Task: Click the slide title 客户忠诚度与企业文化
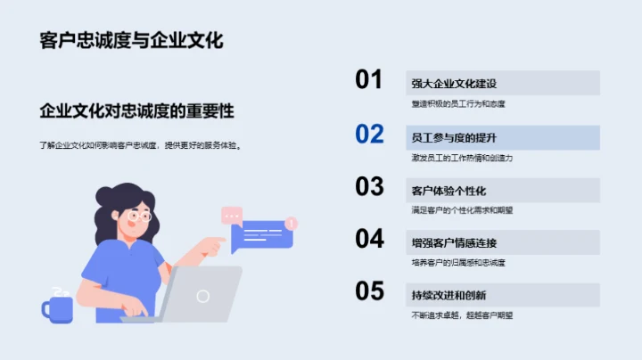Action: pos(131,41)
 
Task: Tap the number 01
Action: pos(369,80)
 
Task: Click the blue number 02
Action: pos(369,134)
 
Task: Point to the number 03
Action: pos(369,186)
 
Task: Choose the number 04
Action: pos(369,239)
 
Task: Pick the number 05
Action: pos(369,291)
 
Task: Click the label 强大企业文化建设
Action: pos(454,84)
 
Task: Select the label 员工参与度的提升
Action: pos(454,137)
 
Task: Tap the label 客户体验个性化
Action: pos(449,191)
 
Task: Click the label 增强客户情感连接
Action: pos(454,243)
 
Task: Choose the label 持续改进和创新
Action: pos(449,296)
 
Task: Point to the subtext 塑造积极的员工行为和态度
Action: pos(458,103)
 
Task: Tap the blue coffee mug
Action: pos(57,307)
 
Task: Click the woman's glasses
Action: pos(140,216)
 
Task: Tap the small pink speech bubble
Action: pos(232,215)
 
